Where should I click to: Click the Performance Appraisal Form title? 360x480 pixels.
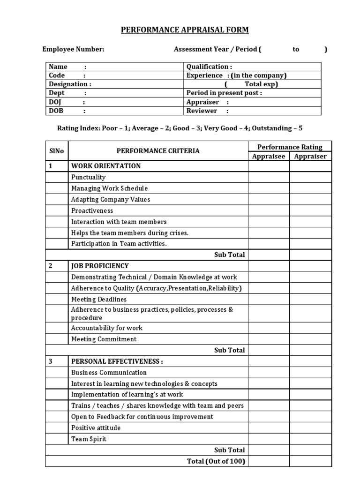[185, 30]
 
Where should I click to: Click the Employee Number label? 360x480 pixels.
[74, 49]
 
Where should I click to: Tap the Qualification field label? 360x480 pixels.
[209, 67]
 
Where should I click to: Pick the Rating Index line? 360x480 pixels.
[183, 128]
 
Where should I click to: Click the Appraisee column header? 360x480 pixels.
[269, 156]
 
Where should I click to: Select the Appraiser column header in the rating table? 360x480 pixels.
[310, 156]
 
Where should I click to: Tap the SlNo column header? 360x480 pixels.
[57, 151]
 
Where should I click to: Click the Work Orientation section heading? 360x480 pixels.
[106, 166]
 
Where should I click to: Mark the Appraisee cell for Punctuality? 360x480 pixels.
[269, 177]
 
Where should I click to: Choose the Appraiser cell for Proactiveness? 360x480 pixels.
[310, 210]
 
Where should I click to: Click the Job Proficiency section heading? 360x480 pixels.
[100, 266]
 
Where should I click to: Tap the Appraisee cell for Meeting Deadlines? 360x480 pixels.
[269, 299]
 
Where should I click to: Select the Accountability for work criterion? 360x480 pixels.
[107, 328]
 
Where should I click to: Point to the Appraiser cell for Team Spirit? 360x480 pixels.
[310, 439]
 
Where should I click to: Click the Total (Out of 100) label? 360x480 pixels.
[216, 461]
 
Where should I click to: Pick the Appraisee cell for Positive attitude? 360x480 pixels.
[269, 427]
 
